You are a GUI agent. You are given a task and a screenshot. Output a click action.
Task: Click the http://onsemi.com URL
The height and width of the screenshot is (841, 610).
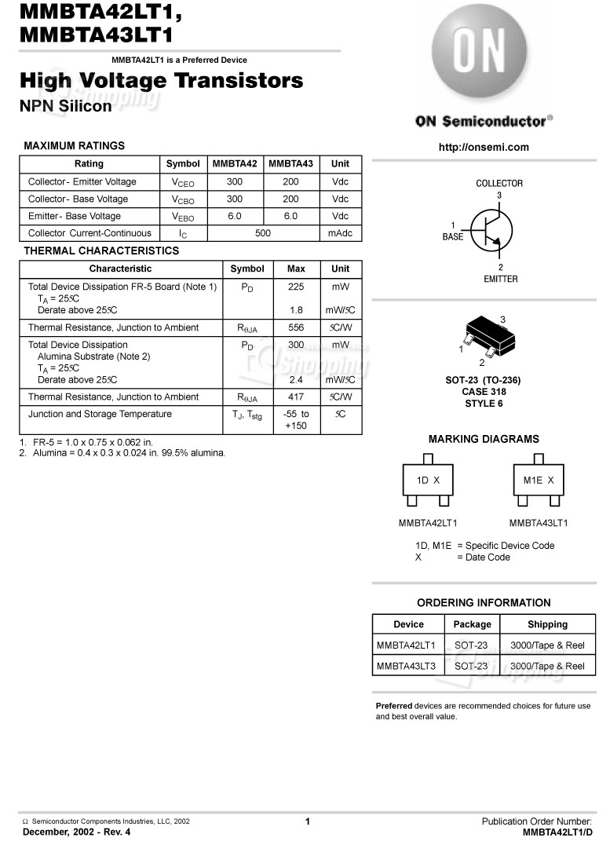[484, 147]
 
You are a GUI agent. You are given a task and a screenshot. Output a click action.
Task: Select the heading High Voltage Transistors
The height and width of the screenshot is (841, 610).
[160, 80]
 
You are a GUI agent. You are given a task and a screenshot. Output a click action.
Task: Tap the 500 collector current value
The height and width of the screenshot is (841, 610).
[263, 233]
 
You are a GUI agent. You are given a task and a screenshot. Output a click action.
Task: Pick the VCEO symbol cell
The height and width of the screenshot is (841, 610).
[183, 182]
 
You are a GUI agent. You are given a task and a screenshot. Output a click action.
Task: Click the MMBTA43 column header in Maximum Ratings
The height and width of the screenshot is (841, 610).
[290, 164]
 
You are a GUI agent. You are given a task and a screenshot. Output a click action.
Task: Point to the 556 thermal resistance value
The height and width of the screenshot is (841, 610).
[296, 327]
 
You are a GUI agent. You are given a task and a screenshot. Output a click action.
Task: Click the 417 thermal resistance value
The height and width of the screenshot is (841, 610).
[296, 397]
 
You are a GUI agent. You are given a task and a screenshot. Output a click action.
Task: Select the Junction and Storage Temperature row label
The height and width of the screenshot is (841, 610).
[100, 414]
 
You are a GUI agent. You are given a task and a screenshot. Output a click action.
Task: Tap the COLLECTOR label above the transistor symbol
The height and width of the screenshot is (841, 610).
[499, 183]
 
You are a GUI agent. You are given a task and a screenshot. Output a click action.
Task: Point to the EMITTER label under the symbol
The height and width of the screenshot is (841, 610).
[500, 279]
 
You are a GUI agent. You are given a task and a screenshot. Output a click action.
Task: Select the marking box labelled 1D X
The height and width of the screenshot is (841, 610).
[428, 480]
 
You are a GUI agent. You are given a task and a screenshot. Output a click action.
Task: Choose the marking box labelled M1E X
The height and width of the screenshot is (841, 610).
[539, 480]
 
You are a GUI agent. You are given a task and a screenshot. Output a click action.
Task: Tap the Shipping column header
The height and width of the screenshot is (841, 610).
[547, 624]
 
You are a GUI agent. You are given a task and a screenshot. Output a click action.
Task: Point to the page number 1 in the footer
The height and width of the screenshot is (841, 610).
[308, 821]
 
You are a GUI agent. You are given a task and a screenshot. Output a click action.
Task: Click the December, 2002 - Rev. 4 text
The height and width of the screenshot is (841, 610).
[77, 832]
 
